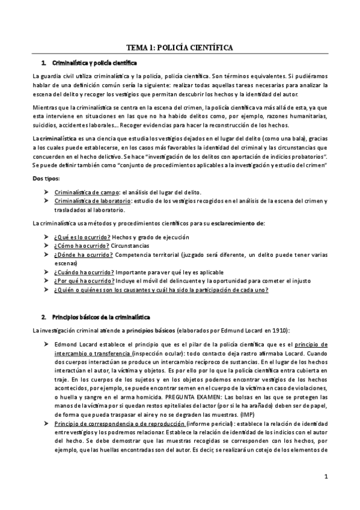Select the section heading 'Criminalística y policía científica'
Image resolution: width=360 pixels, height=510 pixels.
(x=95, y=63)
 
